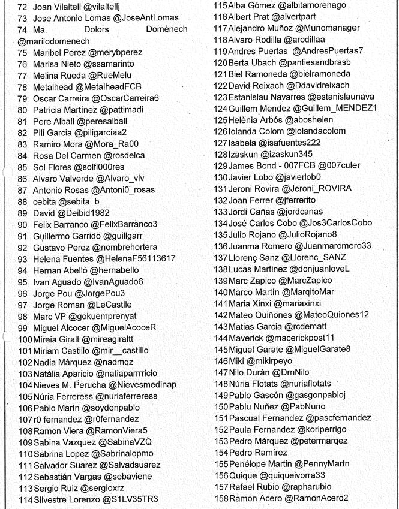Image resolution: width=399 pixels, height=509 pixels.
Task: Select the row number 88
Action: pyautogui.click(x=23, y=201)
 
